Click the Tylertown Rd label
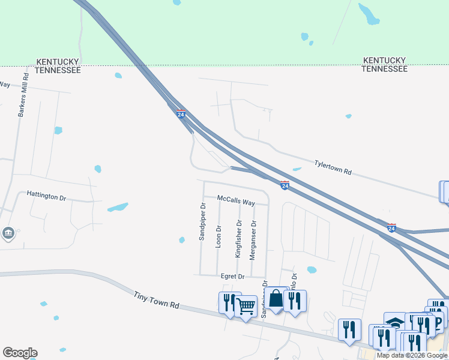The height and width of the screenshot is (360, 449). click(x=333, y=166)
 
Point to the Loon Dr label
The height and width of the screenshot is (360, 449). click(x=218, y=236)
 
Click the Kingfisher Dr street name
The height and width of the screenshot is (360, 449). click(x=238, y=239)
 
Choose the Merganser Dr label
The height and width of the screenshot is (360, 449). click(x=254, y=239)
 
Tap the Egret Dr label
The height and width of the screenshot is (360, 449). click(x=232, y=276)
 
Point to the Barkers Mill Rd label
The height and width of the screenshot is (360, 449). click(x=23, y=95)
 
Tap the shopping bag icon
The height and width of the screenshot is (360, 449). click(x=276, y=298)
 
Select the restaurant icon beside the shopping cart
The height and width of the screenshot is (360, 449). click(x=228, y=302)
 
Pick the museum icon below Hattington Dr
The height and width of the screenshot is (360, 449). click(x=8, y=233)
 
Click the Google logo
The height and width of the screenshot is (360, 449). click(x=20, y=353)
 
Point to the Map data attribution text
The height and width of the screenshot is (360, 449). click(x=412, y=355)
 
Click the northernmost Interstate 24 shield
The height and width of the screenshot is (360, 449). click(x=181, y=114)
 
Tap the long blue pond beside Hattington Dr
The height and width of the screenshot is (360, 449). click(x=118, y=208)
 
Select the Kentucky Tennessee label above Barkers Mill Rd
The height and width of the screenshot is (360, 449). click(x=58, y=65)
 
